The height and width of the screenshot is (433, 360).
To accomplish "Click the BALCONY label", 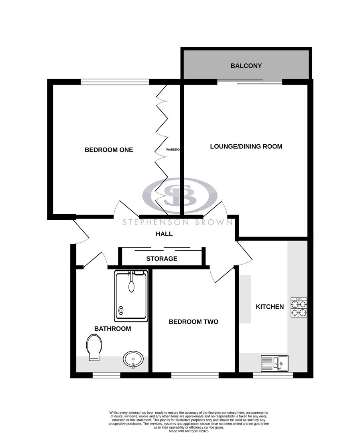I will (246, 66).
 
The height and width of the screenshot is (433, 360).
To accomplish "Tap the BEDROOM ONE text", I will (109, 150).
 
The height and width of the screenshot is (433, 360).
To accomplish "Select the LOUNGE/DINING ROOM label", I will (246, 147).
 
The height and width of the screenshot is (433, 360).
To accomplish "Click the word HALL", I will (164, 234).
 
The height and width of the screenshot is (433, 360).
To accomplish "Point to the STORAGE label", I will (162, 259).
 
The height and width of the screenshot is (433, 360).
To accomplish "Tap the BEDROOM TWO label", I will (193, 322).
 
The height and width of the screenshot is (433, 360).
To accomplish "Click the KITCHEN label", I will (270, 307).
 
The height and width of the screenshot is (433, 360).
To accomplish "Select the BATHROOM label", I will (112, 329).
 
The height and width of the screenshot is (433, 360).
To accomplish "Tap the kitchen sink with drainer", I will (275, 362).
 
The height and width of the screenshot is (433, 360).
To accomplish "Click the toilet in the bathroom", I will (94, 348).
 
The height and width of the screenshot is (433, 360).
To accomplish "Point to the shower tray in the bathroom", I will (131, 296).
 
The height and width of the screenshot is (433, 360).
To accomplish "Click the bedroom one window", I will (115, 82).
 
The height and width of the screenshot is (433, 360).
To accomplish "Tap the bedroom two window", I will (195, 375).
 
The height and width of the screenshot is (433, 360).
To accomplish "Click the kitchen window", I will (273, 375).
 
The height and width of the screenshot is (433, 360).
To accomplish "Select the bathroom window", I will (106, 375).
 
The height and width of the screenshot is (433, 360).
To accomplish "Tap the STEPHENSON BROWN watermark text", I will (177, 223).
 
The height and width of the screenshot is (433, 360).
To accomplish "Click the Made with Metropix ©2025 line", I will (189, 431).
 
